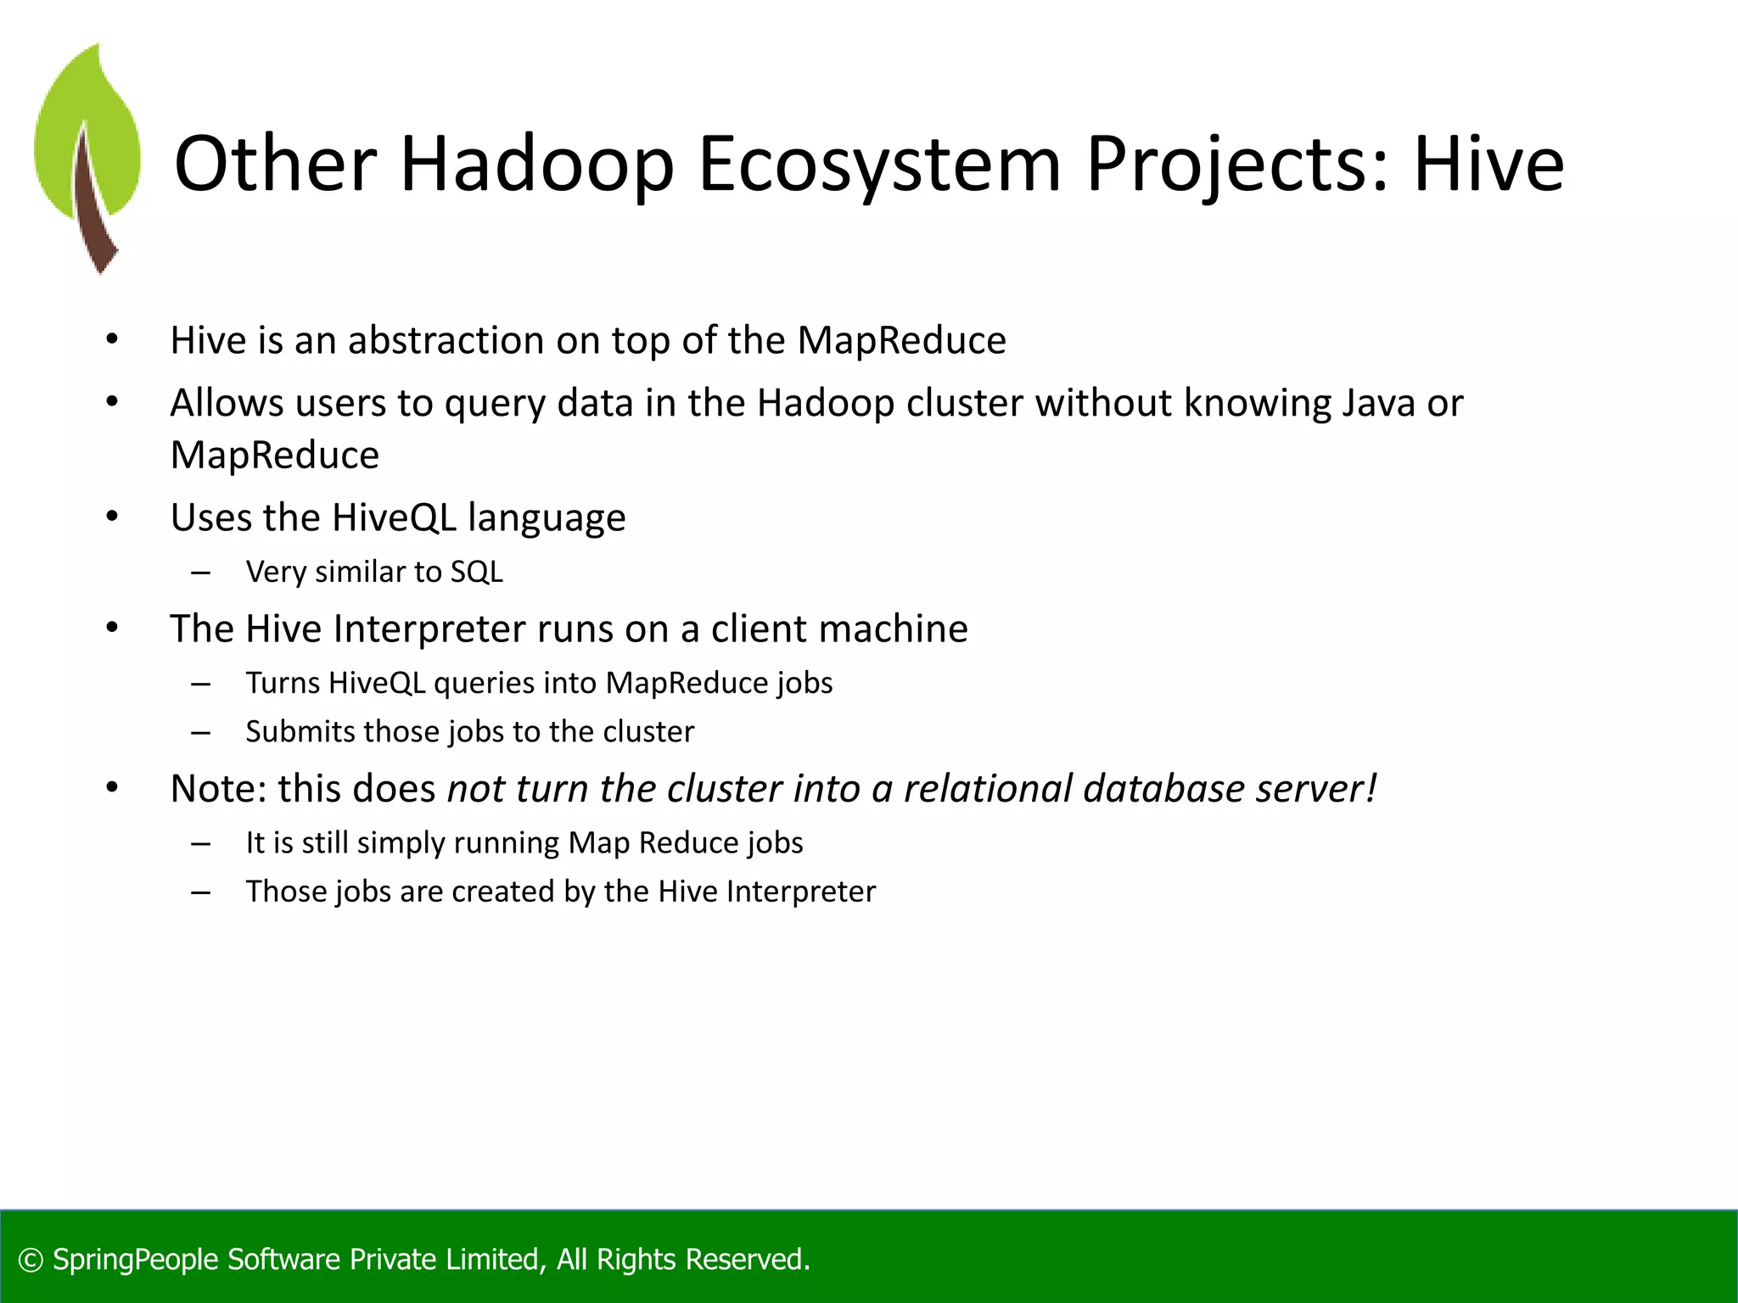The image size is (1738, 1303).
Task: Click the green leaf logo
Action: coord(87,157)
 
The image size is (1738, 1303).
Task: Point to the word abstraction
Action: coord(446,340)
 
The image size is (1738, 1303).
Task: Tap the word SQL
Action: coord(476,572)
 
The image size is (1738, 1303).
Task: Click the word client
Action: coord(759,629)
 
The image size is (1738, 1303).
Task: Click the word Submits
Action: coord(300,731)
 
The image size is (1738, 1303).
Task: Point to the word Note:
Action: coord(219,788)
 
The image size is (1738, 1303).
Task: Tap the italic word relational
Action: coord(988,788)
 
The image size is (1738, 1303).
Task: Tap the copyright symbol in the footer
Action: coord(31,1260)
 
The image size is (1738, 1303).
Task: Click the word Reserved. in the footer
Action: coord(748,1260)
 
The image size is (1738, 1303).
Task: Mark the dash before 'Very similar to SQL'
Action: coord(201,573)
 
